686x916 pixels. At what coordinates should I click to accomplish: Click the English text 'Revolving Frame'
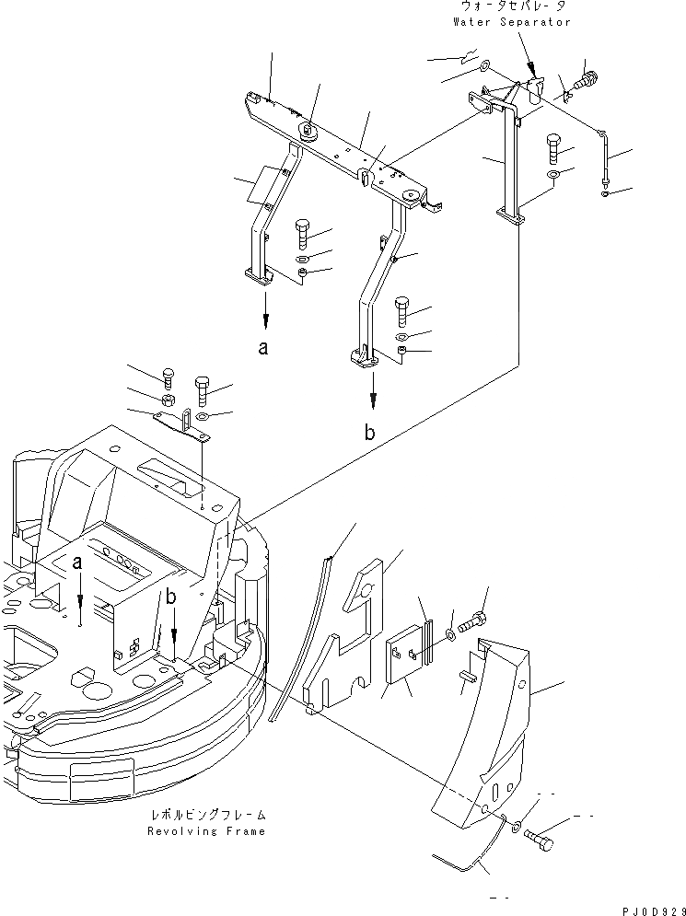pos(206,831)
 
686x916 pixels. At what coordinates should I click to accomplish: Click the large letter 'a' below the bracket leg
pos(265,350)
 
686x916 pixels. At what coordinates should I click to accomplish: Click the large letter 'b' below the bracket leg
pos(368,434)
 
